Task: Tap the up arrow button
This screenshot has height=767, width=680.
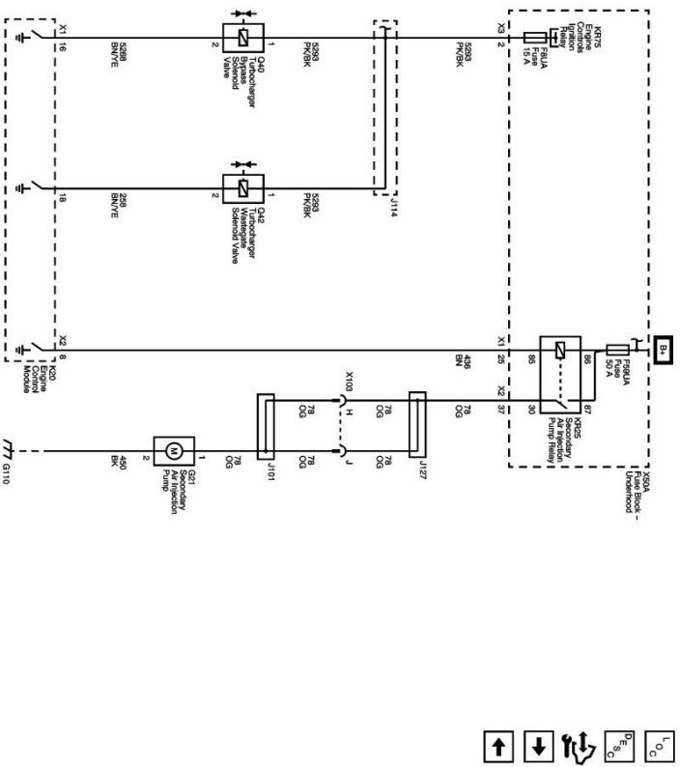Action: click(x=498, y=747)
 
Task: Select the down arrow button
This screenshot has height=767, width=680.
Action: click(x=538, y=747)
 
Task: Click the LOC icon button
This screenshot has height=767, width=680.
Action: click(x=660, y=747)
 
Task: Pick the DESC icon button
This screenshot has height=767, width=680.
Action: click(x=619, y=747)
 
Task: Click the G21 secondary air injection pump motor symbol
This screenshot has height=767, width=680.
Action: click(x=174, y=450)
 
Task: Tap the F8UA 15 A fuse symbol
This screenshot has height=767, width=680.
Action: click(x=537, y=39)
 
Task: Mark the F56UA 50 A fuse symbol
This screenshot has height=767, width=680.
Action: click(x=617, y=349)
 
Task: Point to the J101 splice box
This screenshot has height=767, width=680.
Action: click(x=264, y=425)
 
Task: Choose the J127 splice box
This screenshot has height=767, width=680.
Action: click(x=418, y=425)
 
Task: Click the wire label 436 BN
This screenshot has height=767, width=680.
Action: click(x=467, y=363)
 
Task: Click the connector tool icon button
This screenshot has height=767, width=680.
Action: click(x=578, y=746)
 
